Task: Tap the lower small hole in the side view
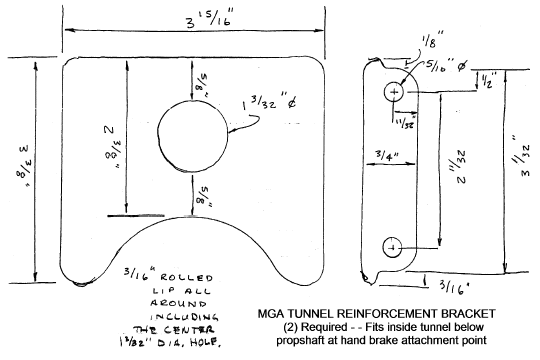point(393,245)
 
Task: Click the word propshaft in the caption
point(306,342)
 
